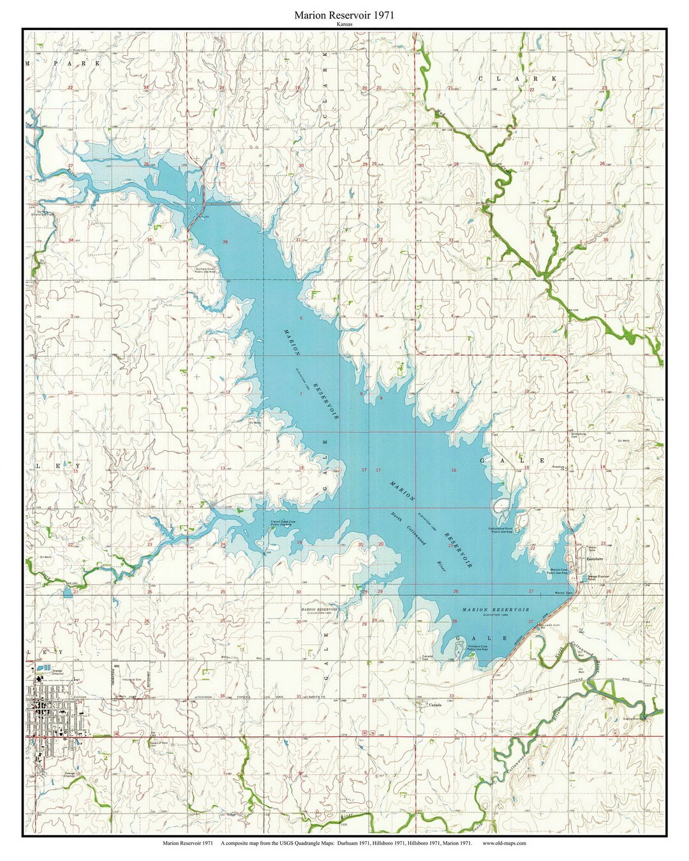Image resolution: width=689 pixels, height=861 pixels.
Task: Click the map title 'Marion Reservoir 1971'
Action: click(344, 15)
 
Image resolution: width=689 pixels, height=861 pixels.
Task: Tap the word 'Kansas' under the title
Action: click(344, 24)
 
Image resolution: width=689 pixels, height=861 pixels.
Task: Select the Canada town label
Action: click(435, 705)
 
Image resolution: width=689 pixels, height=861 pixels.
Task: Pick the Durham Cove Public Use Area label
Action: click(208, 270)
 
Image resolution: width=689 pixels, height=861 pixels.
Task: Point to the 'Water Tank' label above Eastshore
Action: click(591, 548)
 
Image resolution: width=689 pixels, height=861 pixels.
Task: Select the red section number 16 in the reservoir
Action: click(454, 471)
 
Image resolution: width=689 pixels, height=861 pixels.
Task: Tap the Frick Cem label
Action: click(80, 49)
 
